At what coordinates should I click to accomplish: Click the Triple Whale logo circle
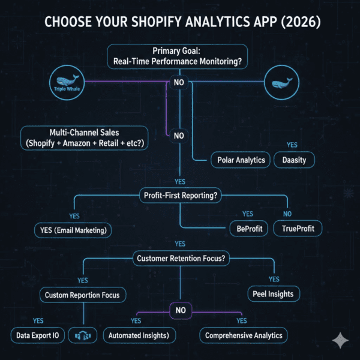pyautogui.click(x=67, y=82)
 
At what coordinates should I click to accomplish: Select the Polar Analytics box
pyautogui.click(x=241, y=160)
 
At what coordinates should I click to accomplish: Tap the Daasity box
pyautogui.click(x=294, y=160)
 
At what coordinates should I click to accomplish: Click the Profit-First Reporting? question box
pyautogui.click(x=181, y=196)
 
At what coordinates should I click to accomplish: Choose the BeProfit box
pyautogui.click(x=249, y=229)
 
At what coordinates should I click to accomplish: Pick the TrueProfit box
pyautogui.click(x=298, y=229)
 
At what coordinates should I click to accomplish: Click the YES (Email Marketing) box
pyautogui.click(x=73, y=230)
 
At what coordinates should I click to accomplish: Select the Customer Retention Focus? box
pyautogui.click(x=181, y=258)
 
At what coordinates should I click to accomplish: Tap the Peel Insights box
pyautogui.click(x=274, y=294)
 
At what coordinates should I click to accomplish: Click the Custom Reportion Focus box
pyautogui.click(x=83, y=295)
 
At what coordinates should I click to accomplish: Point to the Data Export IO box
pyautogui.click(x=38, y=335)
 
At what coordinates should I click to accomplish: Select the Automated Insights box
pyautogui.click(x=139, y=335)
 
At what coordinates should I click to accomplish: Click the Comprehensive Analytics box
pyautogui.click(x=244, y=335)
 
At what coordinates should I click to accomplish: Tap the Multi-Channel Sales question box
pyautogui.click(x=85, y=138)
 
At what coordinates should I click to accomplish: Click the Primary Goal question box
pyautogui.click(x=177, y=56)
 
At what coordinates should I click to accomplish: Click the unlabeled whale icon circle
pyautogui.click(x=282, y=82)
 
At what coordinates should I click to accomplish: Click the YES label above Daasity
pyautogui.click(x=292, y=145)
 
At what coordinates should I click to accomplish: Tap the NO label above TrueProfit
pyautogui.click(x=287, y=214)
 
